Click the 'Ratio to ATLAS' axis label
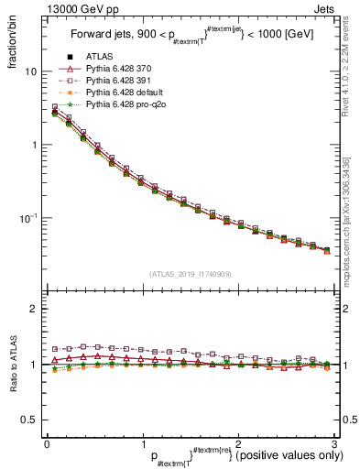click(12, 364)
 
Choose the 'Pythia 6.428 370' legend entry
click(124, 69)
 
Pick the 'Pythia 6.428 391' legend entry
click(124, 82)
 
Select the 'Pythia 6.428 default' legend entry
click(129, 93)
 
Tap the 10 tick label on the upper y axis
click(30, 71)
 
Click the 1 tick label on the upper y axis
click(33, 145)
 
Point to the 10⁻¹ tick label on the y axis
click(27, 218)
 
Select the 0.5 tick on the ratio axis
click(28, 420)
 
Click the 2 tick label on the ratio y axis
click(33, 309)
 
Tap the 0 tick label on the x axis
click(46, 444)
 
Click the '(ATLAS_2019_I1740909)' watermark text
click(190, 274)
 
